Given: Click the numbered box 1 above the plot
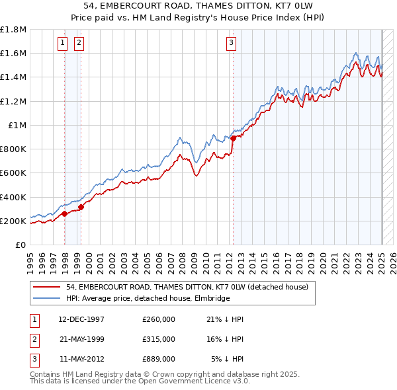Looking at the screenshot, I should [62, 44].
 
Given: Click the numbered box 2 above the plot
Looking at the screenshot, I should [79, 44].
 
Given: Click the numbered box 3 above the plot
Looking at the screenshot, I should [232, 44].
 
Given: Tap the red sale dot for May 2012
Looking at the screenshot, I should [233, 138].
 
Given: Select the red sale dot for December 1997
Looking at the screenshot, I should [64, 214].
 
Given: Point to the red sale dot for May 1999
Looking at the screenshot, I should [81, 207].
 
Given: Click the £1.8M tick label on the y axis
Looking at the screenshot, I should [13, 30].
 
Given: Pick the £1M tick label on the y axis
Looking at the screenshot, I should [17, 126].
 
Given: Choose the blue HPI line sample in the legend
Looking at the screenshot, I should [46, 298].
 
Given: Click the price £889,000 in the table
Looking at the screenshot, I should [158, 359].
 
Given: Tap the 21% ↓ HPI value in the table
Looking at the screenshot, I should [225, 319].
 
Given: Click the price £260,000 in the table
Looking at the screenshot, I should [158, 319].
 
